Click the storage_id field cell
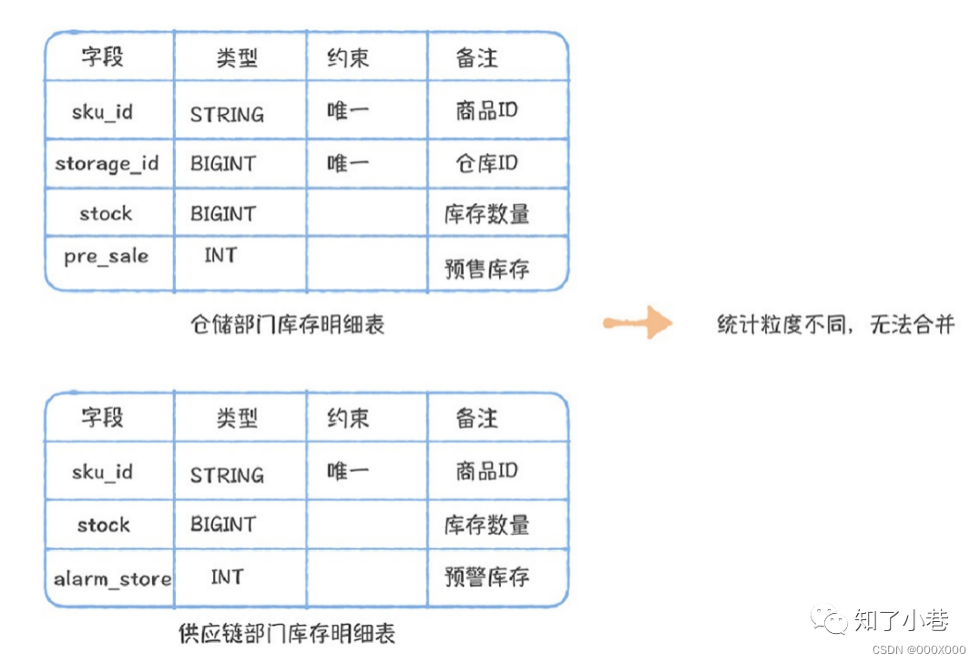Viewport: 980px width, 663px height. tap(107, 164)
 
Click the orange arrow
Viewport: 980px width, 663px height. tap(638, 322)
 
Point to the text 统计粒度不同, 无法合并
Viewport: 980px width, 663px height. tap(836, 324)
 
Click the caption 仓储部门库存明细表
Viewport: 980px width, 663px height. tap(288, 324)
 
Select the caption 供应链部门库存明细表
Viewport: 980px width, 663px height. tap(287, 634)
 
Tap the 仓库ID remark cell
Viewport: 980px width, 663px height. tap(487, 164)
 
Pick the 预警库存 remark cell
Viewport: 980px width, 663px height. tap(487, 576)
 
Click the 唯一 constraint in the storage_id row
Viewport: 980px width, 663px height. tap(348, 164)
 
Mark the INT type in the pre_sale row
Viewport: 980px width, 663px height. tap(220, 255)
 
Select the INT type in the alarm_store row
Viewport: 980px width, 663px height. tap(227, 576)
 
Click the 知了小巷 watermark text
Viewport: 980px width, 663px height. tap(902, 620)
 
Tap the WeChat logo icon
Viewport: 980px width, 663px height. tap(829, 619)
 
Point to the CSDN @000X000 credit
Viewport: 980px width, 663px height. tap(919, 650)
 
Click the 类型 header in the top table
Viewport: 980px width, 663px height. tap(237, 58)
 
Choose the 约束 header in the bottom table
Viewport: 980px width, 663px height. tap(348, 418)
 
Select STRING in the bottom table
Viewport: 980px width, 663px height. tap(227, 475)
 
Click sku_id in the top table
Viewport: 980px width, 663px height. tap(103, 112)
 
